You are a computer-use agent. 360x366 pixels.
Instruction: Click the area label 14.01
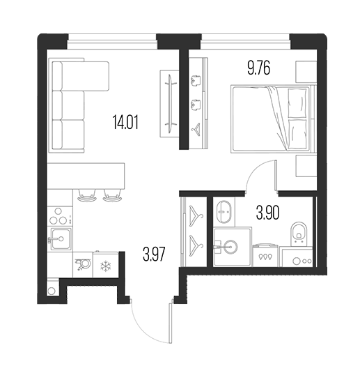[x=125, y=122]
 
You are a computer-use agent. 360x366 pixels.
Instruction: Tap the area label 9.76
[x=258, y=68]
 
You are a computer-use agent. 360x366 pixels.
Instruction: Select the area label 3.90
[x=267, y=213]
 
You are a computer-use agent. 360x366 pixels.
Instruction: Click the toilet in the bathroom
[x=299, y=234]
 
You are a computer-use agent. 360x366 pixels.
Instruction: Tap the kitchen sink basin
[x=60, y=239]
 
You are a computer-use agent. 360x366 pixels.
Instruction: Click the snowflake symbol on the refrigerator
[x=106, y=266]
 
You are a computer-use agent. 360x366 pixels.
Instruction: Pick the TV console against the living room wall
[x=169, y=104]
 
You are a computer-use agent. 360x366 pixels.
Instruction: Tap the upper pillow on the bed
[x=297, y=103]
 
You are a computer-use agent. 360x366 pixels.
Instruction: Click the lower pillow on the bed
[x=297, y=135]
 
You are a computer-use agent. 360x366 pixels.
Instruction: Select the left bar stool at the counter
[x=87, y=195]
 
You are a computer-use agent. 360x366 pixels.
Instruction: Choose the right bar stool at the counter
[x=112, y=195]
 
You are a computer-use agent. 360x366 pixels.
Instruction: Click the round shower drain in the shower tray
[x=230, y=247]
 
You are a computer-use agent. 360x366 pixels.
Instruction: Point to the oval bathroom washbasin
[x=224, y=212]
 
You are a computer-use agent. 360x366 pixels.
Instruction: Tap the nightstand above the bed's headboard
[x=306, y=72]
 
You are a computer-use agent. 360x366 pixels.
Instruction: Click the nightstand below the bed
[x=306, y=166]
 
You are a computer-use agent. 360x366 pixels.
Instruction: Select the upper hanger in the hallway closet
[x=196, y=215]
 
